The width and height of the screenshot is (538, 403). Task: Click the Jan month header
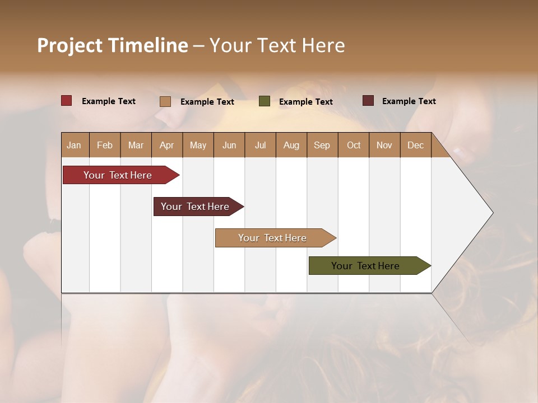click(x=74, y=145)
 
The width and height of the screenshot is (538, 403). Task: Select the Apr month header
click(x=166, y=145)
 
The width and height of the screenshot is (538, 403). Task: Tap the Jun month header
click(x=229, y=145)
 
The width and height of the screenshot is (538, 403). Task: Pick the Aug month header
click(x=291, y=145)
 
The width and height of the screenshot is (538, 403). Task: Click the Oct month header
click(x=354, y=145)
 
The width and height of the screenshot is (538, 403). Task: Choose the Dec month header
click(x=415, y=145)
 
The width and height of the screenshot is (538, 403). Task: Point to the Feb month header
click(x=105, y=145)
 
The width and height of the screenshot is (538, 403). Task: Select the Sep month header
click(x=322, y=145)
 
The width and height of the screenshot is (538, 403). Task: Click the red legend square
click(x=67, y=101)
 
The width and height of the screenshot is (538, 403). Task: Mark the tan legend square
click(x=165, y=101)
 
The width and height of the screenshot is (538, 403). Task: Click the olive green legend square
click(x=265, y=101)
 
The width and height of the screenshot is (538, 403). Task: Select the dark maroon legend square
click(x=368, y=101)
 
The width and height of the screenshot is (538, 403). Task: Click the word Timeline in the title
click(x=148, y=45)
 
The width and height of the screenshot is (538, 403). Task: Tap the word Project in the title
click(x=69, y=45)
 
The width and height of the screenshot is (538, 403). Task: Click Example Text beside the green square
click(x=305, y=102)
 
